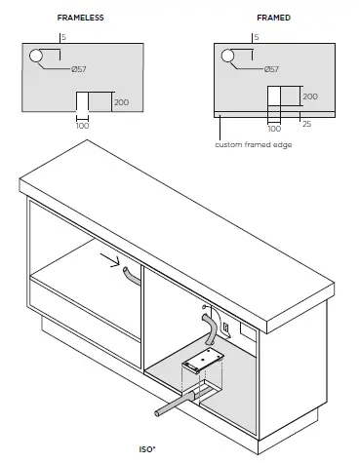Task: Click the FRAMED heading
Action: click(x=273, y=19)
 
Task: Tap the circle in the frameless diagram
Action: click(x=36, y=58)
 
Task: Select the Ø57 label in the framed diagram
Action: click(x=274, y=69)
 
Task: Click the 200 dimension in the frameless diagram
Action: click(x=120, y=101)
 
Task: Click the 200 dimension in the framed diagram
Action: click(x=310, y=97)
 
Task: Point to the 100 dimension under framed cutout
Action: click(x=274, y=128)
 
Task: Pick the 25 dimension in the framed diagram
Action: click(x=306, y=124)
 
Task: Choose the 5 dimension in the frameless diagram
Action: click(x=63, y=38)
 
